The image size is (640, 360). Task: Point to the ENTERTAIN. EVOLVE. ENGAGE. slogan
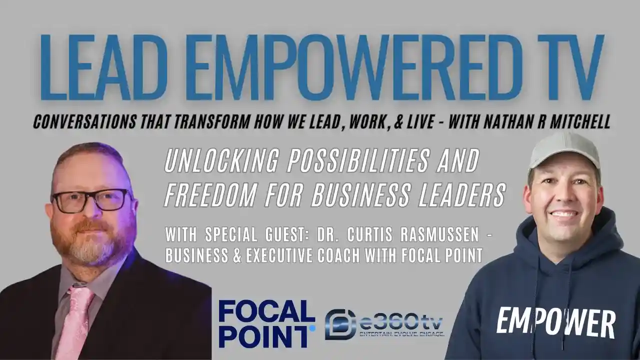402,333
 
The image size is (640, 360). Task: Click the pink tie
75,320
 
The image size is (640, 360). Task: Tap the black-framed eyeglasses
90,199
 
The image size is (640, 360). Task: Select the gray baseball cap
564,150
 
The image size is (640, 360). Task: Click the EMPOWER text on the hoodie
555,322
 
